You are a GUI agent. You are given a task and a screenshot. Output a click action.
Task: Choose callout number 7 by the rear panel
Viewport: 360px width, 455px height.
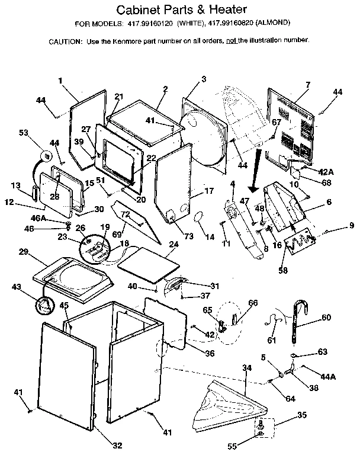(x=308, y=85)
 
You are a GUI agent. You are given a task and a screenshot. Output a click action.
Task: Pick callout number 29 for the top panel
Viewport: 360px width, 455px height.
(x=24, y=252)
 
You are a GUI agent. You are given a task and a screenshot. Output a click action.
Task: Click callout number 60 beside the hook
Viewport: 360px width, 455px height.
(x=326, y=317)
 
